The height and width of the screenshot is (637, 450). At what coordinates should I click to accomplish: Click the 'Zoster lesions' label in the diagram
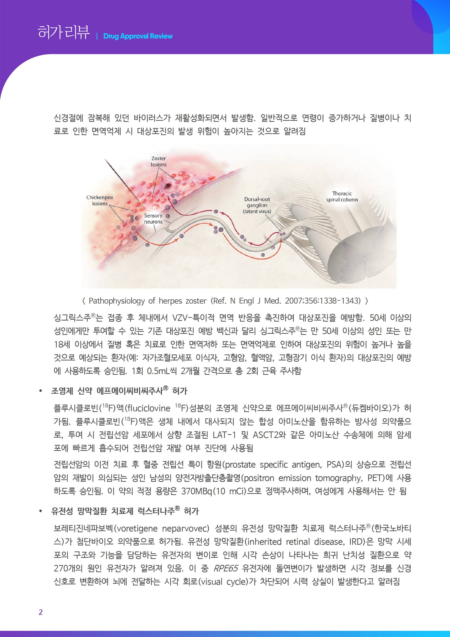[159, 161]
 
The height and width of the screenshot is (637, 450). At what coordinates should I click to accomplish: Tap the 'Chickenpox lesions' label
[100, 200]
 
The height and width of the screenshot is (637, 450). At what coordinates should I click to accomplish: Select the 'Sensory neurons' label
[153, 219]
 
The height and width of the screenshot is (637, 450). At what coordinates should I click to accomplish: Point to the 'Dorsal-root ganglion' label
[257, 205]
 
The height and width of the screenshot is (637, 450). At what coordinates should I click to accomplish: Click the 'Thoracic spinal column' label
[342, 196]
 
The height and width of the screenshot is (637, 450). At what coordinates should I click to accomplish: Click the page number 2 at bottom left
[41, 612]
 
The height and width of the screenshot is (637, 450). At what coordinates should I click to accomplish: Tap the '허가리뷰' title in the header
[64, 32]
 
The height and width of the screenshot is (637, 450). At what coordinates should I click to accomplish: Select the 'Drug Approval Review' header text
[138, 36]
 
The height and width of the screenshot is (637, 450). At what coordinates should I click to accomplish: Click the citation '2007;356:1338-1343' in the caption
[323, 301]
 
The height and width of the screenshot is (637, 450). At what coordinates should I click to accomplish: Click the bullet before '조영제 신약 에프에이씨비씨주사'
[41, 391]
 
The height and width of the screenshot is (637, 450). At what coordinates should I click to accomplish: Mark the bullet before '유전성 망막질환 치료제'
[41, 511]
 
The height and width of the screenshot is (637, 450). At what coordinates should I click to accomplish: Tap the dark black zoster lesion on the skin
[168, 186]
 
